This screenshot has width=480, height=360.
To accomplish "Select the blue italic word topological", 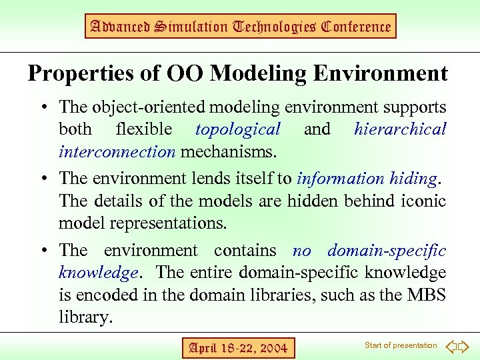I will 238,129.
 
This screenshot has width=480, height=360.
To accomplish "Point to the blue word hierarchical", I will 400,129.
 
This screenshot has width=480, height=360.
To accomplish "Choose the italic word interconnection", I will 117,151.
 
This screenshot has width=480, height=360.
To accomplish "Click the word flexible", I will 143,129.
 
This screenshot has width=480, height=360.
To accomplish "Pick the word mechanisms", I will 227,151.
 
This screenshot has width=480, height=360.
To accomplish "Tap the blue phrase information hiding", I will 367,179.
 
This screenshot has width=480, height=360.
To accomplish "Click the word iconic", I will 425,201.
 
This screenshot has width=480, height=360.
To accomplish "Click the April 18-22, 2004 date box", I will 238,347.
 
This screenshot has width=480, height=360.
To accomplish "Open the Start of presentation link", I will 401,345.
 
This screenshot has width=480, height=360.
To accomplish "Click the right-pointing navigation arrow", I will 464,346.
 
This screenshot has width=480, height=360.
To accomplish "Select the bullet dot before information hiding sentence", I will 43,179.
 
